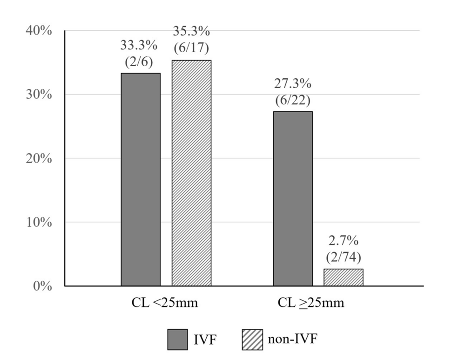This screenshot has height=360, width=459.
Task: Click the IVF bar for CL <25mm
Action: pyautogui.click(x=141, y=179)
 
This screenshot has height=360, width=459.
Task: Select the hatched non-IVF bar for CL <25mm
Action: pyautogui.click(x=191, y=173)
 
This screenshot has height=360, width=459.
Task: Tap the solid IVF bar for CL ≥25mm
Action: pyautogui.click(x=293, y=198)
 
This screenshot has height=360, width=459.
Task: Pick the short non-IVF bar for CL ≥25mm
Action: pyautogui.click(x=343, y=277)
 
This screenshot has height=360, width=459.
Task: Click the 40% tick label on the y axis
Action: pyautogui.click(x=39, y=31)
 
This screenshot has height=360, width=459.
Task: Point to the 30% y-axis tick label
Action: pyautogui.click(x=39, y=95)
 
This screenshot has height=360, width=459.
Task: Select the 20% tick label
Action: pyautogui.click(x=39, y=158)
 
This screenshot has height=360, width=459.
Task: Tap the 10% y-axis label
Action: pyautogui.click(x=39, y=222)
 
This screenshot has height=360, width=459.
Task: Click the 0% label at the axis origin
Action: pyautogui.click(x=42, y=286)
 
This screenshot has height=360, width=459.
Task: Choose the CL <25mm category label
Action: pyautogui.click(x=164, y=303)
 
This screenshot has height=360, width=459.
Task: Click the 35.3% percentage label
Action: pyautogui.click(x=191, y=32)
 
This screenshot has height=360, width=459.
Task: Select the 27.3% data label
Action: pyautogui.click(x=293, y=84)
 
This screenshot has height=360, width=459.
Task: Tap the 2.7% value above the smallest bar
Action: pyautogui.click(x=343, y=242)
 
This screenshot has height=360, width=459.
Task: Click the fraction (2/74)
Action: pyautogui.click(x=343, y=257)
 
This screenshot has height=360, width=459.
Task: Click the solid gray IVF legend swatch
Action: pyautogui.click(x=177, y=340)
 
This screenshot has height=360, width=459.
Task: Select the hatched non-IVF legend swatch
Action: pyautogui.click(x=252, y=340)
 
